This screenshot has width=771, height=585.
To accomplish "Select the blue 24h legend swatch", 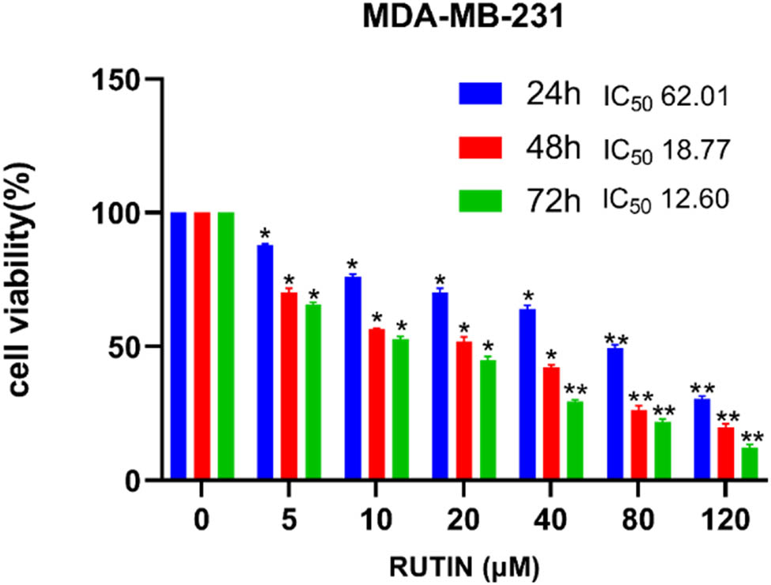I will tap(480, 95).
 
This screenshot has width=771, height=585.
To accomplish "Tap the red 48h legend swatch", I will tap(480, 147).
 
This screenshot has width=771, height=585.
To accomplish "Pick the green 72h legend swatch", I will tap(480, 199).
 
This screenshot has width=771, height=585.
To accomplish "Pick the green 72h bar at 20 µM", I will tap(488, 420).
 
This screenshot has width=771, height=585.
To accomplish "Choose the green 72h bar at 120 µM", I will tap(749, 463).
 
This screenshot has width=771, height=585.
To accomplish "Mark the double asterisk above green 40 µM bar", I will tap(575, 390).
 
